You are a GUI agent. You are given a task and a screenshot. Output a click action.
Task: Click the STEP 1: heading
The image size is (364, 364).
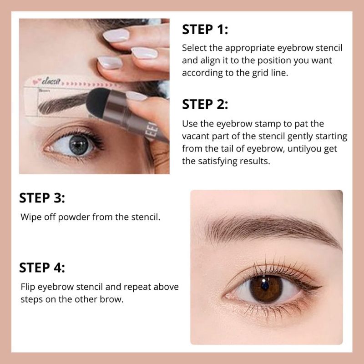[x=205, y=30]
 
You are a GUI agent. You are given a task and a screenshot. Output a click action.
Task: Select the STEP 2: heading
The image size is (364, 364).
[x=205, y=104]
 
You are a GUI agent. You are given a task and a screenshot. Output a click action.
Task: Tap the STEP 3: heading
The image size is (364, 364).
[x=42, y=198]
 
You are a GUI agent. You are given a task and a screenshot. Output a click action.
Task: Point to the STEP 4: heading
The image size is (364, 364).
[x=42, y=268]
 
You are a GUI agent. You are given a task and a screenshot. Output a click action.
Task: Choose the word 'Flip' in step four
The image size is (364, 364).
[x=28, y=287]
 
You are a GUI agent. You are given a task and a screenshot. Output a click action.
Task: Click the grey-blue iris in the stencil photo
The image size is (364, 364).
[x=79, y=145]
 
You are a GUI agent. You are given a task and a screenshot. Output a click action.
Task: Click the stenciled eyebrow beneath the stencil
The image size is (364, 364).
[x=63, y=104]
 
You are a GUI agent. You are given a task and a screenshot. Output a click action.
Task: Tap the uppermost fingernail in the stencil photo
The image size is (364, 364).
[x=116, y=35]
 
